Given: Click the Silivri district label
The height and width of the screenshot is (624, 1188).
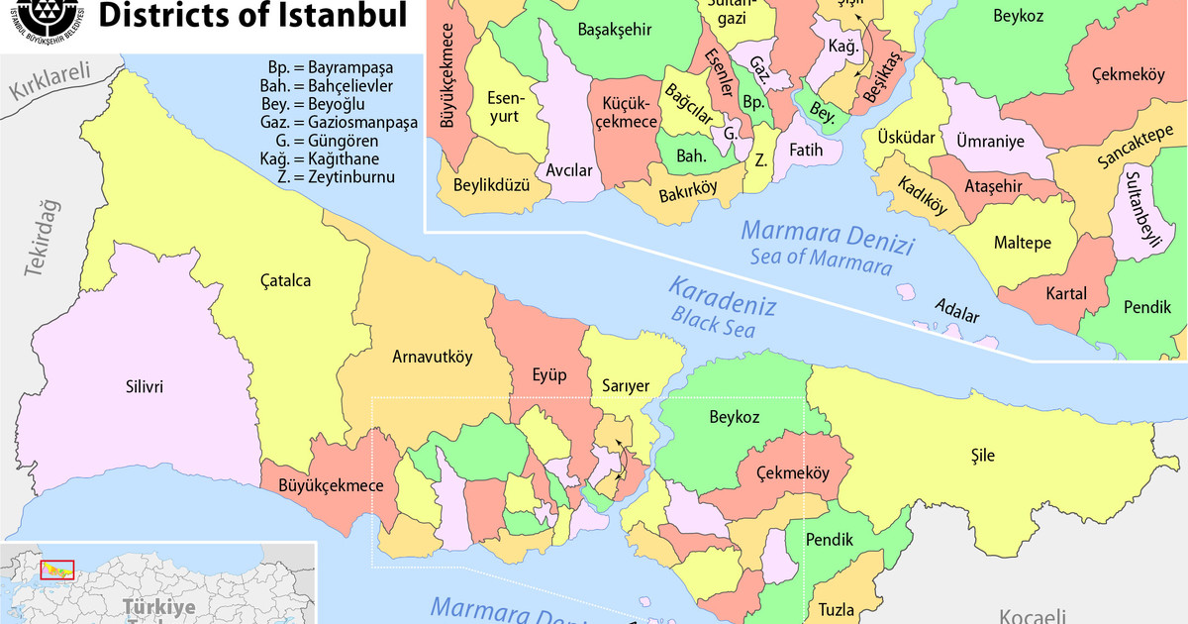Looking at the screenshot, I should point(144,386).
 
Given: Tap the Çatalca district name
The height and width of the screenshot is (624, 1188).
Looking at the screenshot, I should point(286,280).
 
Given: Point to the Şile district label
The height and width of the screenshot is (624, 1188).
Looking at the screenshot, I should point(983,456).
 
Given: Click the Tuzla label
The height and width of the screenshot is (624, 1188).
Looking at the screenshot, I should point(836,609).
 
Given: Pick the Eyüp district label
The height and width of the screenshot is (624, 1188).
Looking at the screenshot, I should point(550,375).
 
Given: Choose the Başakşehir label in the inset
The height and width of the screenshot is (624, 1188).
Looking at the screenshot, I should point(614,30).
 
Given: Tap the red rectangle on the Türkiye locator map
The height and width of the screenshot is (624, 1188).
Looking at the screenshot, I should point(56,571).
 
